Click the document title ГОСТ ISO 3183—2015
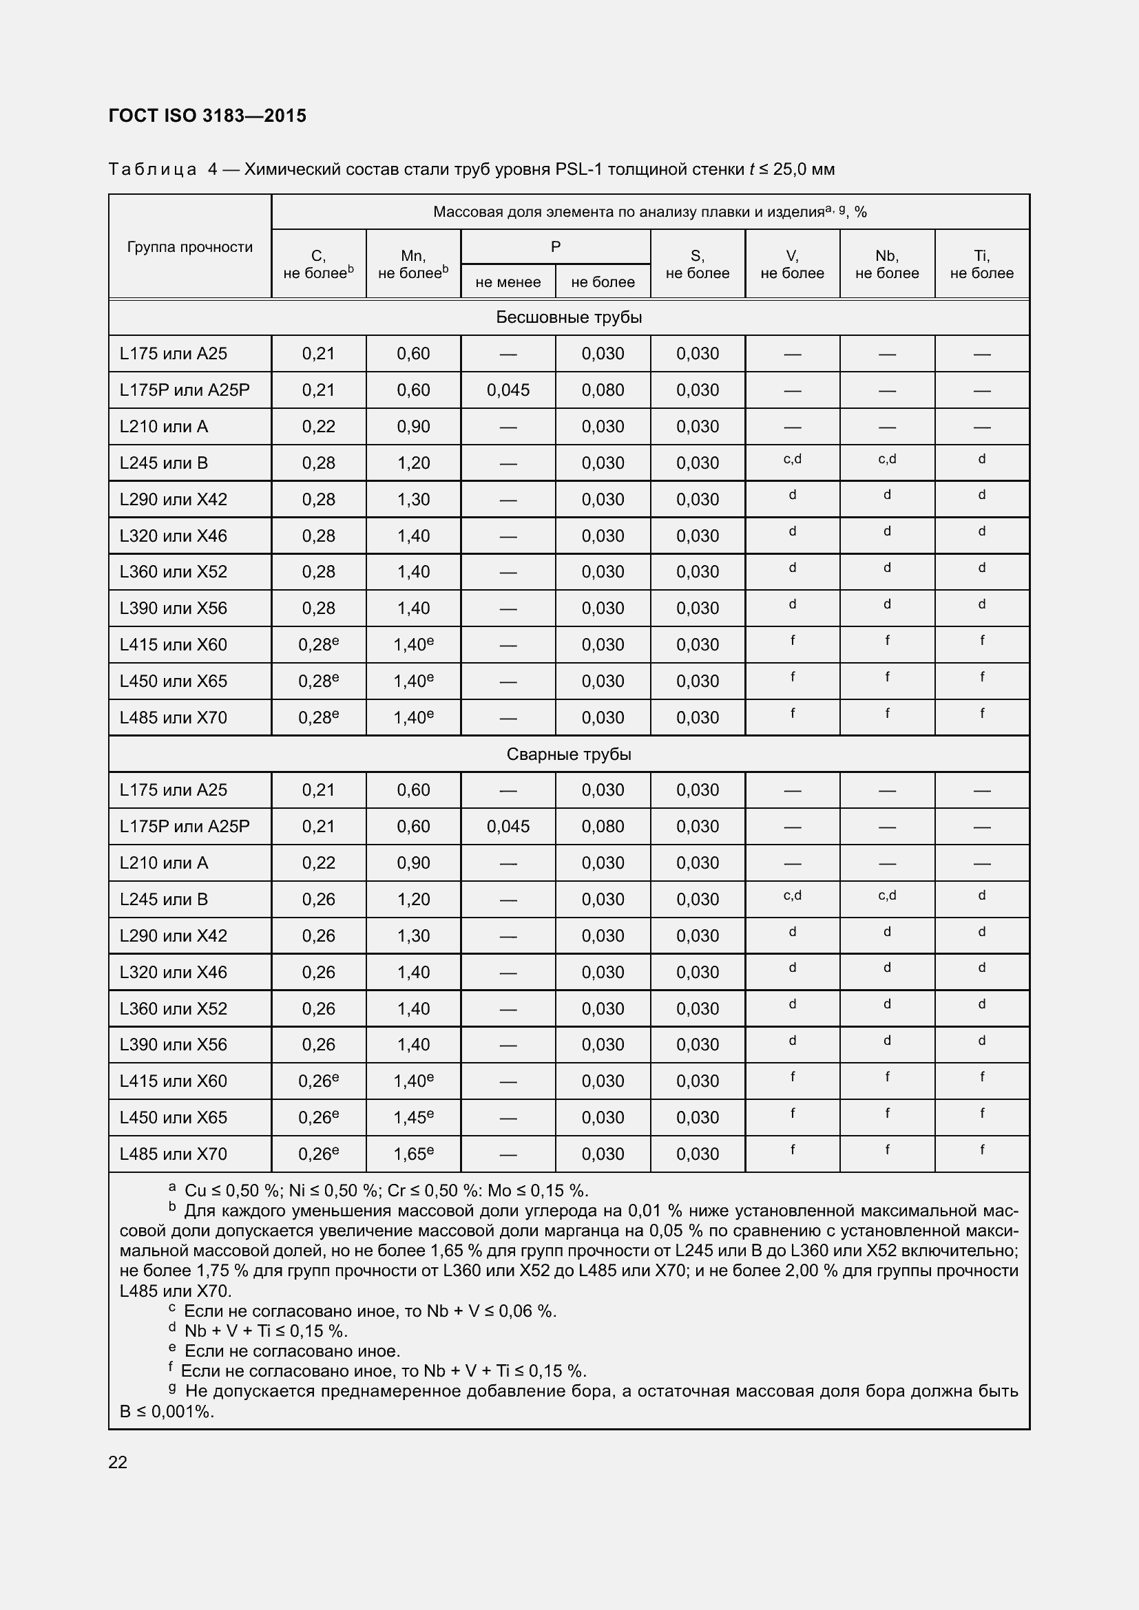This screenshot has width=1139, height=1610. click(x=207, y=116)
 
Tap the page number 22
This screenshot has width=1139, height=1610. click(x=118, y=1462)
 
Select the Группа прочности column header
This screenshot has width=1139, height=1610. click(x=189, y=247)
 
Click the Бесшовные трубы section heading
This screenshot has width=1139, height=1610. click(x=569, y=317)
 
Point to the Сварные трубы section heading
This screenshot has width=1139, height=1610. click(x=569, y=754)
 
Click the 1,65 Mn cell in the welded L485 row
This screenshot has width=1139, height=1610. click(x=413, y=1154)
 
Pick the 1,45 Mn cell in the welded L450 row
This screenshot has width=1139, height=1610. click(x=413, y=1118)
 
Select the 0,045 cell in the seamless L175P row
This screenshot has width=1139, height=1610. click(x=508, y=390)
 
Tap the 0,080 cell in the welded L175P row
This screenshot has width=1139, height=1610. click(x=603, y=827)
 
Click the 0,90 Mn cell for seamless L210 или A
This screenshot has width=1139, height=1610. click(x=413, y=426)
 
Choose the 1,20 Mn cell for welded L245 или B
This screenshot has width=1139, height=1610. click(x=413, y=900)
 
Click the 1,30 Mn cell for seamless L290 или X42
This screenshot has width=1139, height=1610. click(x=413, y=499)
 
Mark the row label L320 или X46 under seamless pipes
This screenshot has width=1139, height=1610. click(x=174, y=536)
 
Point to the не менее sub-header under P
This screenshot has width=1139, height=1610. click(x=508, y=282)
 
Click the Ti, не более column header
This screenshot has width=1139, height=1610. click(x=981, y=264)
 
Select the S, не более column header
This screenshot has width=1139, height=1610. click(x=697, y=264)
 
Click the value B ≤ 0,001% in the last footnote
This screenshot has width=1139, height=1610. click(x=167, y=1412)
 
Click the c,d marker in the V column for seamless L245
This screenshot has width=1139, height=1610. click(x=792, y=459)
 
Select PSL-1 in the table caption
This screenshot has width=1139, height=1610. click(x=578, y=169)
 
